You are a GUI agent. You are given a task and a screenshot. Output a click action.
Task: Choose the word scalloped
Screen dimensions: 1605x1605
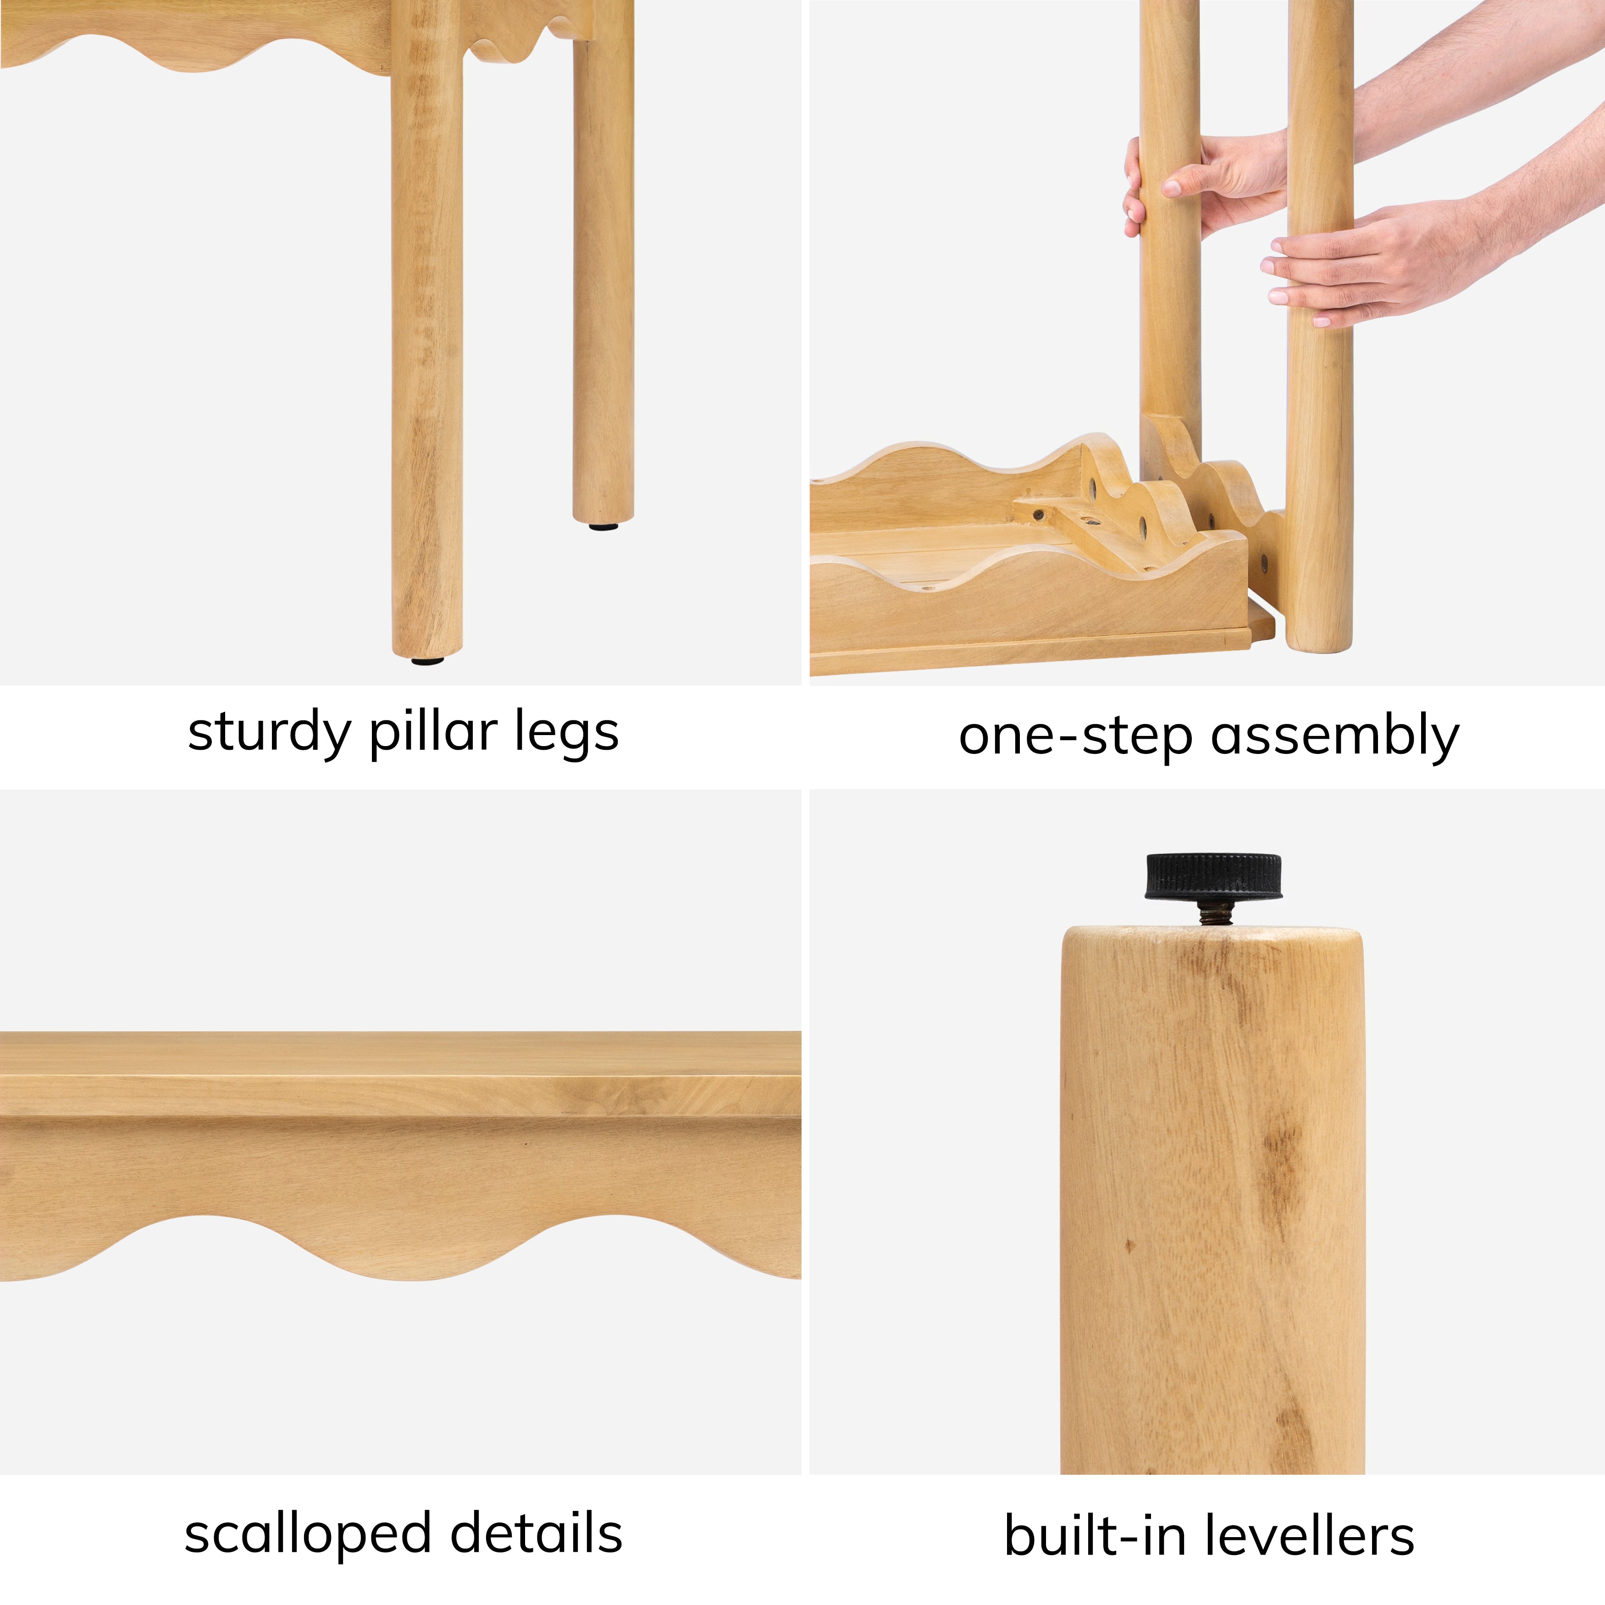306,1533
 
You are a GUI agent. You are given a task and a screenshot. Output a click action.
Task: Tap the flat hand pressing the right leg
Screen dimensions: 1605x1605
1362,266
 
